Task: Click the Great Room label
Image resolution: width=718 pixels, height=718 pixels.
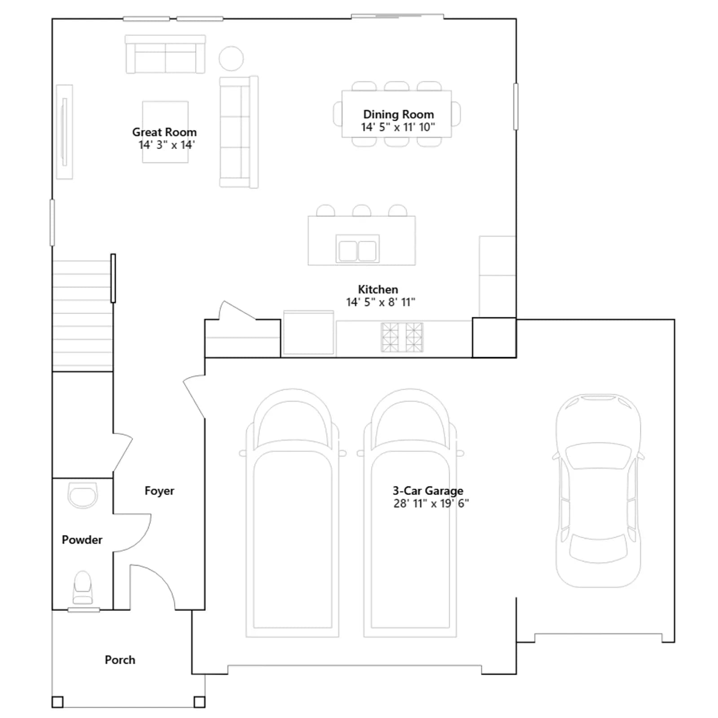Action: tap(164, 132)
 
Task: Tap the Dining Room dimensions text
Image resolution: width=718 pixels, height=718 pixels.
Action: tap(398, 127)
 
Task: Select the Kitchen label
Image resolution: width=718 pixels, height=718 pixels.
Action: tap(378, 289)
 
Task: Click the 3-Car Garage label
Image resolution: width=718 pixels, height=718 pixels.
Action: tap(428, 491)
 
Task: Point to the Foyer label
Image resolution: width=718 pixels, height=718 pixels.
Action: tap(159, 491)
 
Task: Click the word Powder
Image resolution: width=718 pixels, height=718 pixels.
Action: tap(82, 540)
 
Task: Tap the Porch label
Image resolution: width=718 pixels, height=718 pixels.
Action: tap(120, 660)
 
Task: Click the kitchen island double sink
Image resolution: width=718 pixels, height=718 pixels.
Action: tap(358, 249)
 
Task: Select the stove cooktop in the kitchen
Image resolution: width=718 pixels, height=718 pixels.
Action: tap(402, 337)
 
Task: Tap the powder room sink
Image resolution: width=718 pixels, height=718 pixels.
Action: tap(83, 495)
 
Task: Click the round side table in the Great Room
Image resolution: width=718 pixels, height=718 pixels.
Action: tap(231, 58)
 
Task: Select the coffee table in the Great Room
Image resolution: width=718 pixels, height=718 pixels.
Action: tap(165, 132)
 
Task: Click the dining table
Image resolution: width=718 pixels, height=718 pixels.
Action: tap(397, 114)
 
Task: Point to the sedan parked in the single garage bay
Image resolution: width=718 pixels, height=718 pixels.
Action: tap(598, 490)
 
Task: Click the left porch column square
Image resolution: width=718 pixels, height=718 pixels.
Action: tap(57, 702)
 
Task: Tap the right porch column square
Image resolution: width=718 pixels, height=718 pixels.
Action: tap(200, 702)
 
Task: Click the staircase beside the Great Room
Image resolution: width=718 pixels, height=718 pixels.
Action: tap(83, 315)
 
